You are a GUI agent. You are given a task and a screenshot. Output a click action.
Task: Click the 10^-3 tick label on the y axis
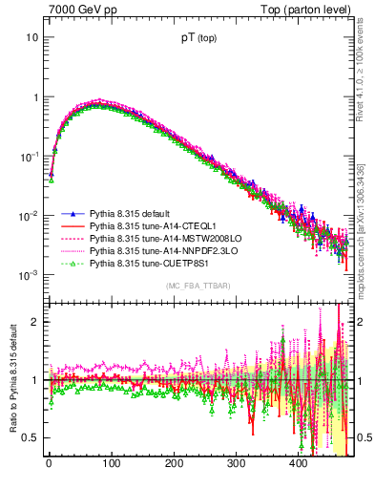coord(29,275)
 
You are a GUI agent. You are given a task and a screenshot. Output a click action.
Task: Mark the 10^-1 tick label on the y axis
coord(29,156)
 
